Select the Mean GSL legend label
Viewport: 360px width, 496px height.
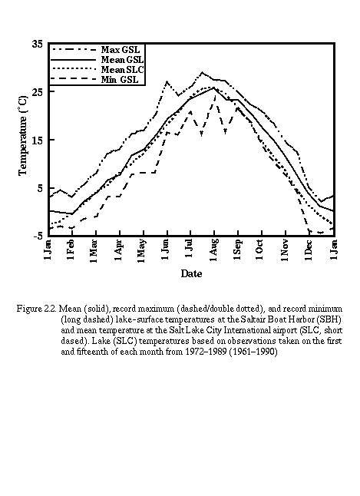coord(122,59)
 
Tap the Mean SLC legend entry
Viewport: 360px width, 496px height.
coord(122,70)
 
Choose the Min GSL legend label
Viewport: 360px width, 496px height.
coord(120,79)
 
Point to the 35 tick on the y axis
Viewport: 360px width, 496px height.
coord(38,44)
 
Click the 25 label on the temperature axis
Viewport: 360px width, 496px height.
coord(38,92)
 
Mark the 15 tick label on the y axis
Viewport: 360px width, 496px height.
coord(38,141)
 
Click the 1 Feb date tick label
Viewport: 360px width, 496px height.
coord(71,250)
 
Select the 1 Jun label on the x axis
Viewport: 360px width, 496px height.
coord(166,250)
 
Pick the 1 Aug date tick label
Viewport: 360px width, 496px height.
coord(213,250)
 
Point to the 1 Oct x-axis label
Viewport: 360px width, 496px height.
coord(260,250)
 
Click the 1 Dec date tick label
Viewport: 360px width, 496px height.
coord(308,250)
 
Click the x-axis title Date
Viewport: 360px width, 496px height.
coord(191,273)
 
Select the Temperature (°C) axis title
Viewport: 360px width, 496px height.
coord(23,135)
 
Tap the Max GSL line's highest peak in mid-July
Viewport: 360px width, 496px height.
coord(203,72)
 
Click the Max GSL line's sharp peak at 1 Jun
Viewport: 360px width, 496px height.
coord(167,81)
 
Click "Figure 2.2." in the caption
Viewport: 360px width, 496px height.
coord(37,309)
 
